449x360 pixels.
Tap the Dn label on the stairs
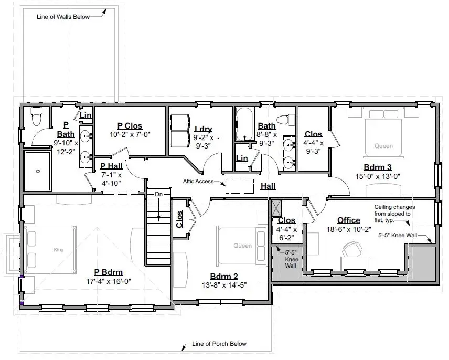pos(159,195)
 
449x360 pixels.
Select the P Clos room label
pos(130,126)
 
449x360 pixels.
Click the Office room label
pos(349,220)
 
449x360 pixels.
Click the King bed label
pos(58,250)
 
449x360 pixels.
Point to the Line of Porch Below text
pos(219,344)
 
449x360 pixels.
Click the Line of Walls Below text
pos(63,17)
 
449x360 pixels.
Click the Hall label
pos(268,186)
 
